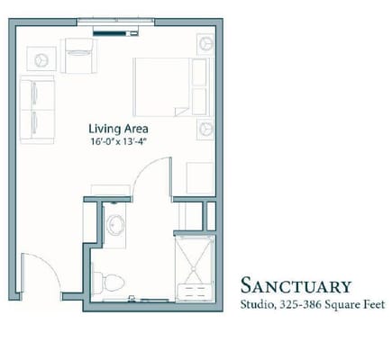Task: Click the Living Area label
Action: pos(118,129)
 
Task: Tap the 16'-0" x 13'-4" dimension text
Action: pos(118,141)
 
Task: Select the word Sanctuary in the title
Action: pos(296,285)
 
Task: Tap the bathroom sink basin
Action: pos(115,224)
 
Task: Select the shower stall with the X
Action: pos(195,267)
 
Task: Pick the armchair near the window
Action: pos(78,56)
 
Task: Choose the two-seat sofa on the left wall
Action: pos(37,110)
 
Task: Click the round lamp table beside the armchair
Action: pos(41,60)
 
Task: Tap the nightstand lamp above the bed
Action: pos(206,44)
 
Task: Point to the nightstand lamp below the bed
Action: pos(206,129)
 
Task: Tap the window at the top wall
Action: pos(115,22)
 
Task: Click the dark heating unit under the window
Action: pos(115,32)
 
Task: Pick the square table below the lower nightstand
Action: pos(200,178)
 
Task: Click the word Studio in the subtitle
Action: pos(257,304)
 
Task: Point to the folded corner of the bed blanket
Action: pos(182,112)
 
